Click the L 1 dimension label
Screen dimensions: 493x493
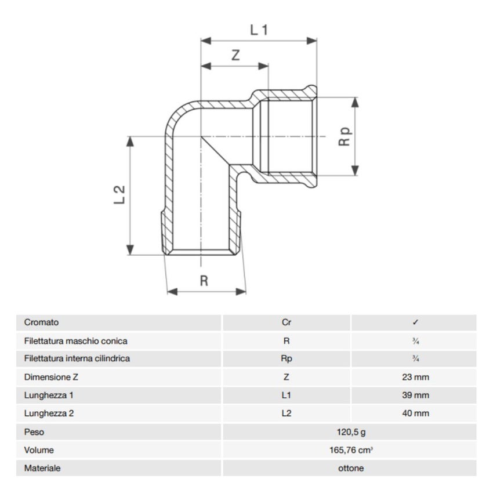click(x=259, y=30)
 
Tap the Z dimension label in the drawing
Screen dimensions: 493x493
click(x=235, y=56)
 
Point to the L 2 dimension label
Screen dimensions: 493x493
click(x=119, y=194)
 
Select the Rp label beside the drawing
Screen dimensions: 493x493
click(x=345, y=137)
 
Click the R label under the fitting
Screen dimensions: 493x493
click(x=204, y=281)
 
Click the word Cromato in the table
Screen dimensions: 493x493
click(x=41, y=322)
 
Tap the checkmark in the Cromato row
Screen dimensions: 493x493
click(x=415, y=322)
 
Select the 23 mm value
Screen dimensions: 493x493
click(x=415, y=378)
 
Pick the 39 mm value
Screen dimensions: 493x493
click(x=415, y=396)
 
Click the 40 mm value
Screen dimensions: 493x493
click(x=415, y=414)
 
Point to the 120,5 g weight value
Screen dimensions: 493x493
click(x=350, y=432)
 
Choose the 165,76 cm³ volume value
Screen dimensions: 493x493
click(x=350, y=450)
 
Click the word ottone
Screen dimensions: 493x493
click(x=350, y=468)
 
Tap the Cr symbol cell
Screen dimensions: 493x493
click(x=286, y=322)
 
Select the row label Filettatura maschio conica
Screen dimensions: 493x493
click(x=75, y=341)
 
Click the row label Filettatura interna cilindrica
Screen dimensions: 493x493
click(x=77, y=359)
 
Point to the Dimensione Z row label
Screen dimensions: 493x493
click(x=51, y=378)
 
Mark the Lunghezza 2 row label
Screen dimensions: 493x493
click(x=49, y=414)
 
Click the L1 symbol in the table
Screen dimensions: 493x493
click(x=286, y=396)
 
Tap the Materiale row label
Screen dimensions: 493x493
click(x=42, y=468)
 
